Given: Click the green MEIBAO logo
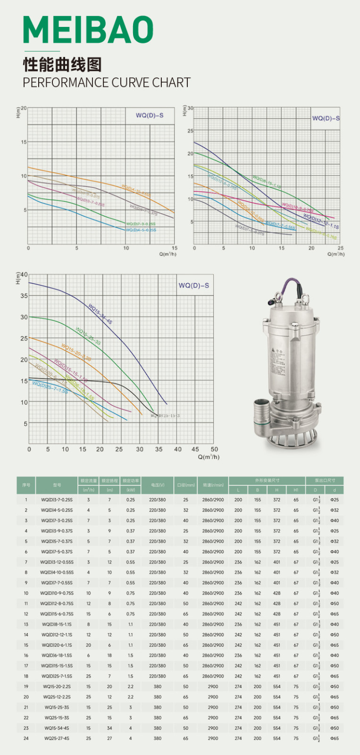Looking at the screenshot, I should pyautogui.click(x=88, y=30).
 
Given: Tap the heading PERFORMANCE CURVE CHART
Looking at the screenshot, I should pyautogui.click(x=107, y=83).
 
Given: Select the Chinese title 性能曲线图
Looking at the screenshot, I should pyautogui.click(x=62, y=64).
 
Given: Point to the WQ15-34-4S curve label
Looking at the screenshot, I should pyautogui.click(x=100, y=314).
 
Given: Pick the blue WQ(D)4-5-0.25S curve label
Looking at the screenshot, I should pyautogui.click(x=141, y=230).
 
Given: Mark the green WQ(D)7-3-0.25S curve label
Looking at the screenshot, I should pyautogui.click(x=140, y=224).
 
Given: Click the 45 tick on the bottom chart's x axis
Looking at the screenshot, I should pyautogui.click(x=195, y=449).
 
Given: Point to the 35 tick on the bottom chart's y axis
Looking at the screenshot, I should pyautogui.click(x=24, y=296).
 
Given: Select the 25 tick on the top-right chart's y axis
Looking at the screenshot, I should pyautogui.click(x=191, y=131).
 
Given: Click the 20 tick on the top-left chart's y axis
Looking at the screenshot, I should pyautogui.click(x=24, y=109).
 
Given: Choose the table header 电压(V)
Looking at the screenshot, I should pyautogui.click(x=158, y=485).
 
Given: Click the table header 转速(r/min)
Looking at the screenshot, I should pyautogui.click(x=213, y=485).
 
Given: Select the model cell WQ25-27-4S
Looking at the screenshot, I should pyautogui.click(x=57, y=738).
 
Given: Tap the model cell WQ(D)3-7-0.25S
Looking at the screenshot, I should pyautogui.click(x=57, y=500).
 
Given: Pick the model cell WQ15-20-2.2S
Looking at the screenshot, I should pyautogui.click(x=57, y=687).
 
